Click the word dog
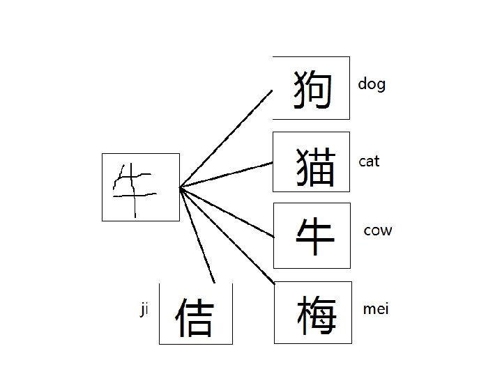[x=371, y=84]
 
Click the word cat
[x=369, y=162]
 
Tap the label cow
[x=378, y=230]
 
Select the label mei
[x=376, y=309]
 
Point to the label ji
[x=144, y=310]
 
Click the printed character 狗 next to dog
[x=311, y=89]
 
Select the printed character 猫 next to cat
[x=314, y=167]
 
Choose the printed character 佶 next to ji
[x=194, y=317]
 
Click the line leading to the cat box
[x=227, y=175]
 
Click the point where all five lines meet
[x=181, y=187]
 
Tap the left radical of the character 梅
[x=303, y=315]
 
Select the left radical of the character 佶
[x=181, y=318]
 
